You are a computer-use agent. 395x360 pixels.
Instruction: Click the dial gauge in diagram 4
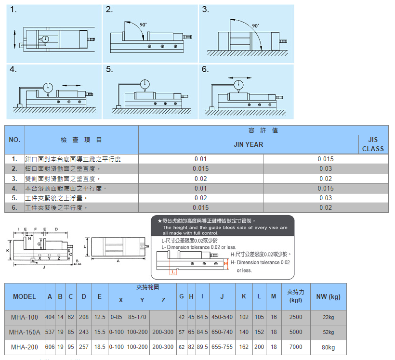pyautogui.click(x=48, y=88)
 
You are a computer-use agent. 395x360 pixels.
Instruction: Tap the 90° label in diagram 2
pyautogui.click(x=143, y=25)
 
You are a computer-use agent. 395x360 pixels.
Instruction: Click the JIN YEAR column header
pyautogui.click(x=249, y=144)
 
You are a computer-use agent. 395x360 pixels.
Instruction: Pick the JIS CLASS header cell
pyautogui.click(x=373, y=144)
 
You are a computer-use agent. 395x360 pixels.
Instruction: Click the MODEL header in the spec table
pyautogui.click(x=25, y=296)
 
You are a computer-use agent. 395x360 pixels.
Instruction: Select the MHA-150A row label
pyautogui.click(x=25, y=332)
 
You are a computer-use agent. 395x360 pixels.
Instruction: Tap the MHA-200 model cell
pyautogui.click(x=25, y=347)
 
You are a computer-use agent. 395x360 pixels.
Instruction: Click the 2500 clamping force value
pyautogui.click(x=296, y=317)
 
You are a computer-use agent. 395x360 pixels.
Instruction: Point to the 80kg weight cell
pyautogui.click(x=329, y=347)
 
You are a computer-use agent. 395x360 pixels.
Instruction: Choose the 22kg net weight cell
pyautogui.click(x=329, y=317)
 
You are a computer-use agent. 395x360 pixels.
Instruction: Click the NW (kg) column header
pyautogui.click(x=329, y=296)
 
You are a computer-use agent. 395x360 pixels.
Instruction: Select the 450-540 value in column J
pyautogui.click(x=222, y=317)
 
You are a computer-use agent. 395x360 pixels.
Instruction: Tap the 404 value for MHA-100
pyautogui.click(x=50, y=317)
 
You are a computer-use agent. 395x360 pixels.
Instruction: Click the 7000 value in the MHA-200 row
pyautogui.click(x=296, y=347)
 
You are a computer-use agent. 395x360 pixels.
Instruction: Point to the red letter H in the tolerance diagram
pyautogui.click(x=226, y=263)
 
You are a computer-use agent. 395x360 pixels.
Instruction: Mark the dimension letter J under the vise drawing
pyautogui.click(x=44, y=267)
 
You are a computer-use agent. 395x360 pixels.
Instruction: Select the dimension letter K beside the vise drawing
pyautogui.click(x=8, y=251)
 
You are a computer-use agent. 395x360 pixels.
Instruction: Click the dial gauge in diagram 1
pyautogui.click(x=45, y=39)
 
